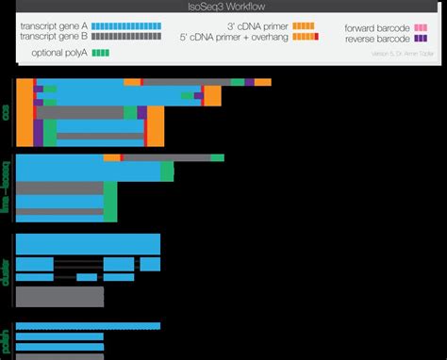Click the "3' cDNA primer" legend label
(257, 25)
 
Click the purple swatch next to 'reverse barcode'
(422, 40)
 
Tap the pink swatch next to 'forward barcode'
(422, 28)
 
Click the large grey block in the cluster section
(60, 297)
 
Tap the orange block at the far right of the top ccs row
(263, 84)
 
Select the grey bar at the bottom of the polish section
(58, 356)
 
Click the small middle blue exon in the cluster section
(88, 278)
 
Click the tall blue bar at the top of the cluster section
(89, 243)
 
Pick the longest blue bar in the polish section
(89, 326)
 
